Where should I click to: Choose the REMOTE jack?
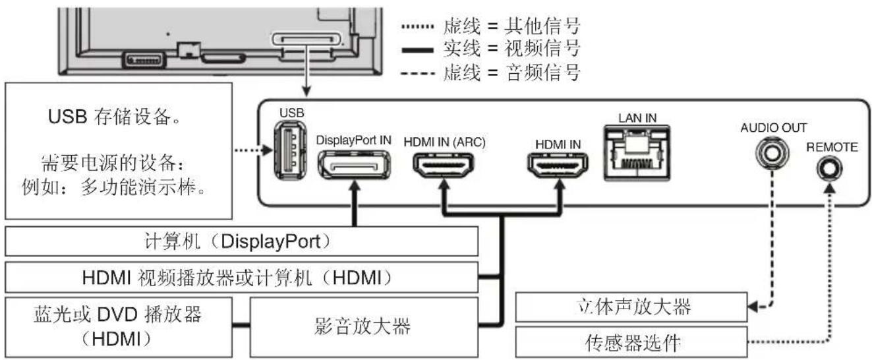pos(828,170)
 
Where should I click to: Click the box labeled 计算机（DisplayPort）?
pos(241,242)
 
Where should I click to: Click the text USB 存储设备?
pos(116,121)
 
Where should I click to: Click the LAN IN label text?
pos(637,117)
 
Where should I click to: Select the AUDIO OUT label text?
pos(772,127)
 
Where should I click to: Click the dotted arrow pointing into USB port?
pos(254,150)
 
